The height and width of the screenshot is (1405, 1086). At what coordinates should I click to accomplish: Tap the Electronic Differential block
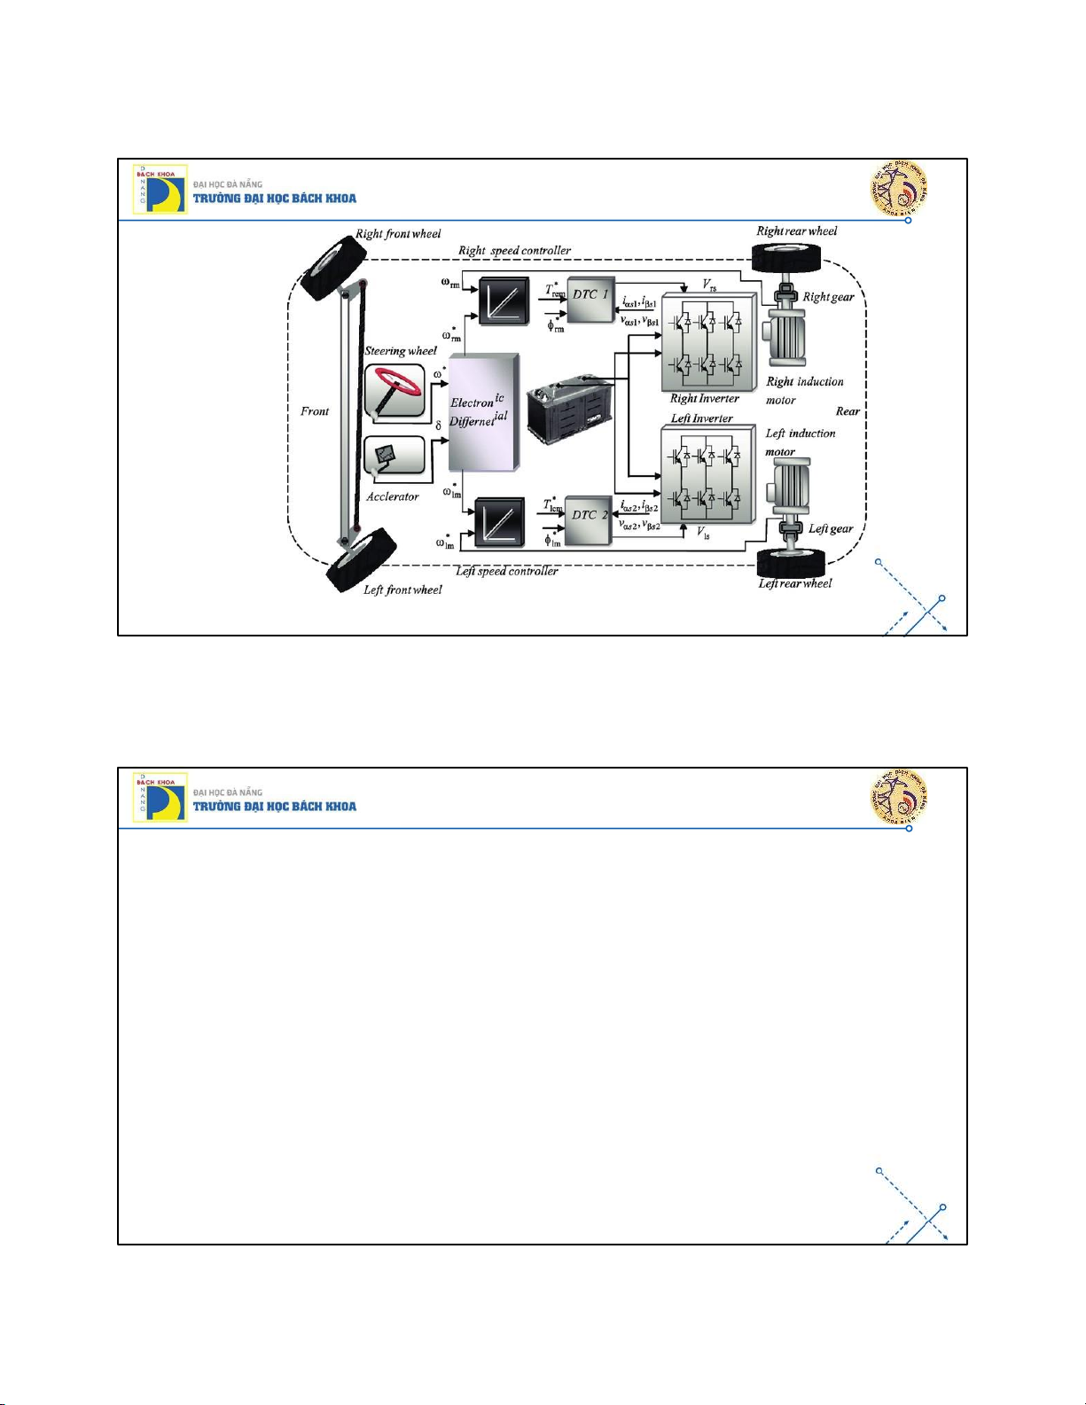click(x=483, y=412)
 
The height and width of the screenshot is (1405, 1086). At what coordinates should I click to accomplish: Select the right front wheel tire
click(x=333, y=267)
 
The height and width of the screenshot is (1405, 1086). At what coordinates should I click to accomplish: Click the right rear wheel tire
click(x=786, y=258)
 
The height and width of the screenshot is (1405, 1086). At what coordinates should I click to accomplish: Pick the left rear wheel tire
click(x=792, y=563)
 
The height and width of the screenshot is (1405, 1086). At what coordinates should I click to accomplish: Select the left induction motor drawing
click(x=787, y=488)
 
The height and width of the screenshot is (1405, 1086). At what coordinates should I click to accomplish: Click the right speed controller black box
click(x=503, y=301)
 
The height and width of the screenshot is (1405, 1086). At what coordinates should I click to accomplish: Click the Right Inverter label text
click(x=704, y=399)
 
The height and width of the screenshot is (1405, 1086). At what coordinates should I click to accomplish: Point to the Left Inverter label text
click(x=701, y=418)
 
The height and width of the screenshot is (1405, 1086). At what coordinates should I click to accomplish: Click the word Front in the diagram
click(x=315, y=411)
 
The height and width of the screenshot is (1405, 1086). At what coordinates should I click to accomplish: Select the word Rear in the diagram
click(x=848, y=411)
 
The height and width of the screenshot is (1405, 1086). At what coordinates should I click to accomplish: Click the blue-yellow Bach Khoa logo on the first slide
click(x=160, y=189)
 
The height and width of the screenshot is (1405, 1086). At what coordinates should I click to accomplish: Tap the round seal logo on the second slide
click(x=900, y=796)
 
